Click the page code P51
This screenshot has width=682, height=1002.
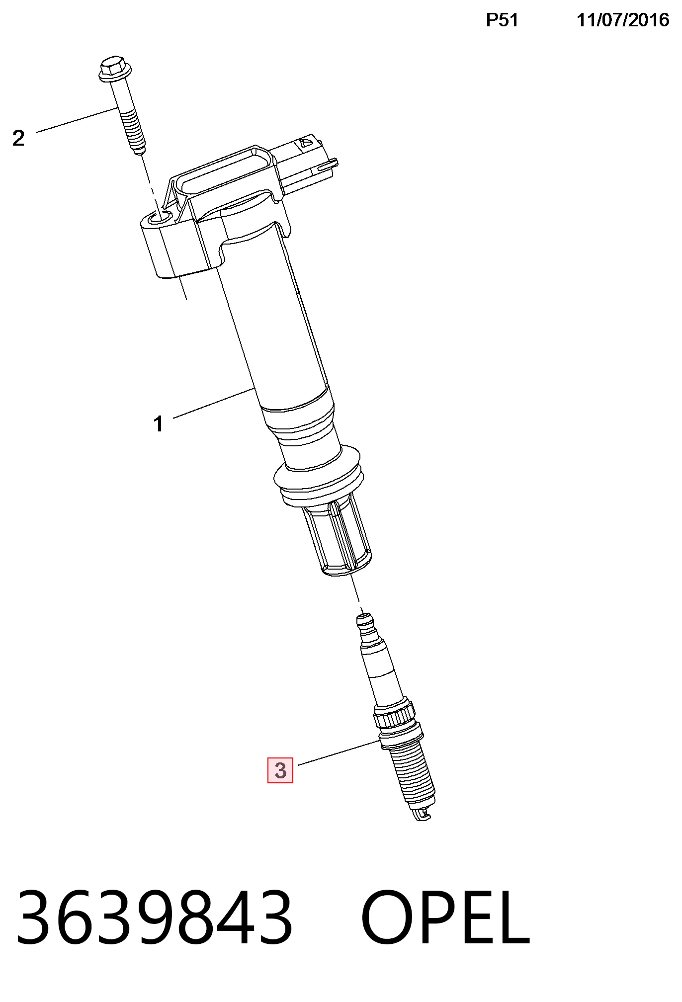(502, 20)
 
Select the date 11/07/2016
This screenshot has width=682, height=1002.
(623, 20)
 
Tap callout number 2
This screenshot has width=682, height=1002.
(18, 138)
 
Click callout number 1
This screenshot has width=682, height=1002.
(159, 424)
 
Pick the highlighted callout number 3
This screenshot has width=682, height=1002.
(280, 770)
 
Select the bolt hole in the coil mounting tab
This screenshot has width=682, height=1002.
(161, 218)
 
